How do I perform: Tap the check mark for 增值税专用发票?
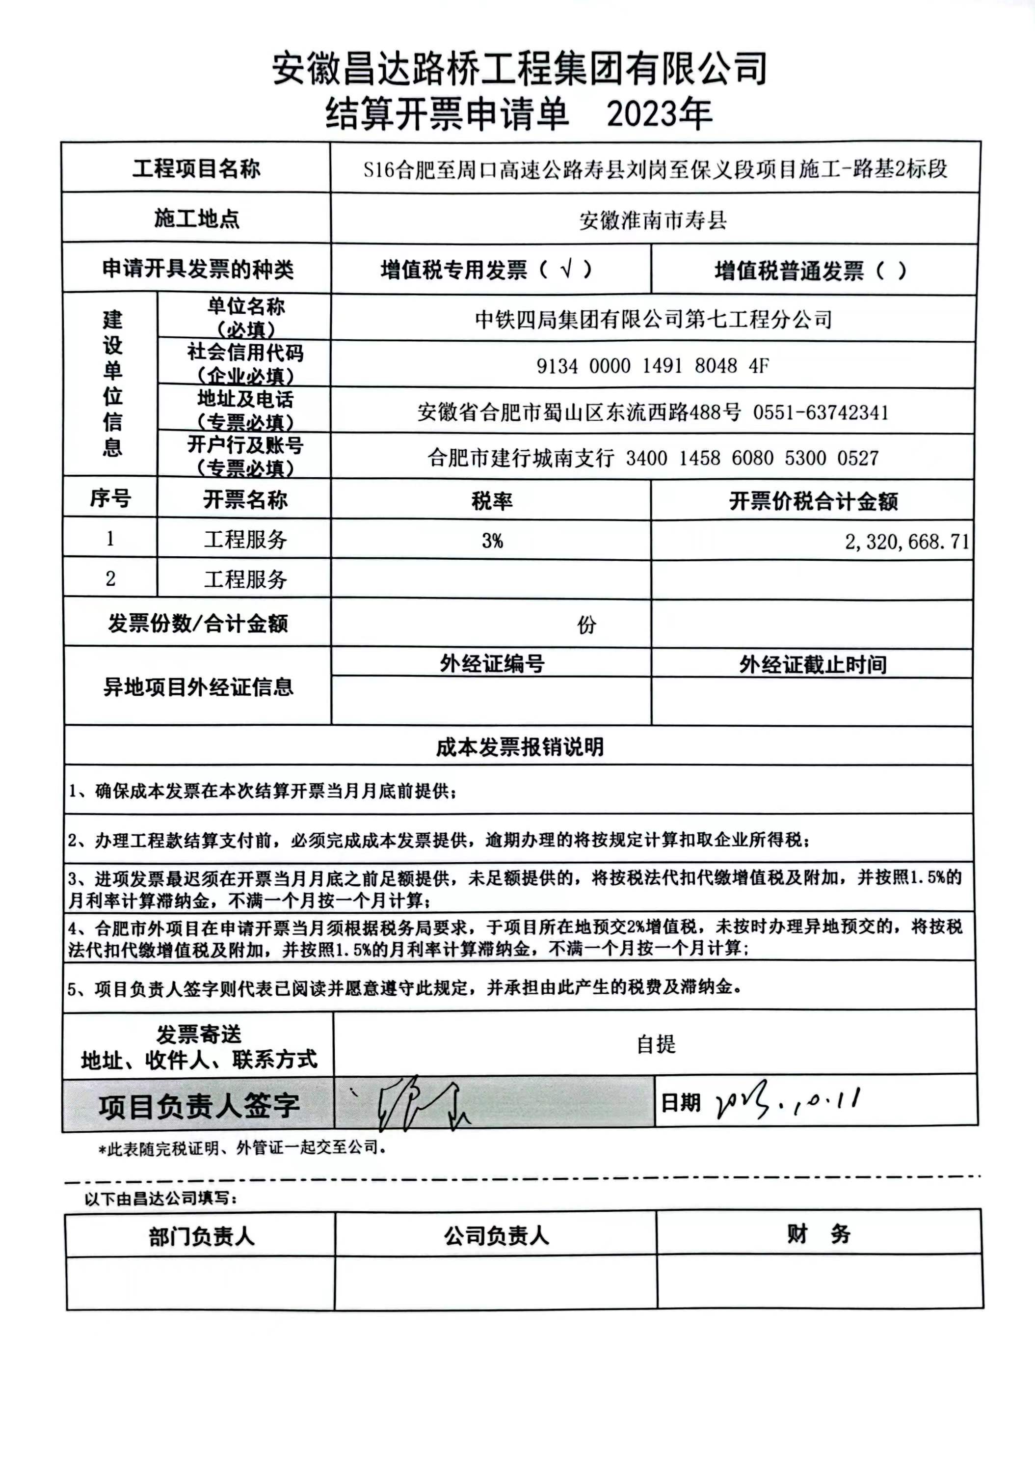point(566,270)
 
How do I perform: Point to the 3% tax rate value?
point(492,541)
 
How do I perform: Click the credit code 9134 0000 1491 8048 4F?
point(652,366)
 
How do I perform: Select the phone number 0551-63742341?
point(821,412)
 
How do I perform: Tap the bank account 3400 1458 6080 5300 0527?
point(751,458)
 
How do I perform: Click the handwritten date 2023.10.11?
point(788,1102)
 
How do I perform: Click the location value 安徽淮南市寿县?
point(653,220)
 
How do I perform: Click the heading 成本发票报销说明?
point(519,747)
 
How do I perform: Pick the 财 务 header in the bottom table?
point(818,1234)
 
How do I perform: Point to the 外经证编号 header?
point(492,663)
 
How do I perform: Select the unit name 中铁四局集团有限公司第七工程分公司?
point(653,319)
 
